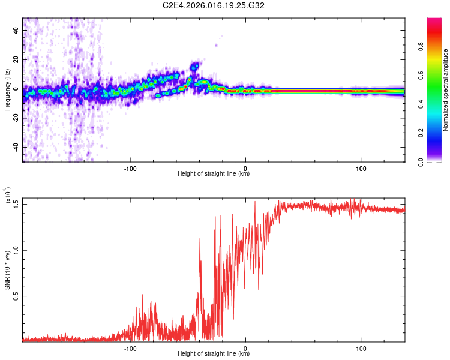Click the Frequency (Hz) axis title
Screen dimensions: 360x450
click(x=7, y=90)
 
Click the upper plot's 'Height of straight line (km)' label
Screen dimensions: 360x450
click(x=214, y=174)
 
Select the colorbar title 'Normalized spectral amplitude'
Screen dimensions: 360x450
click(x=446, y=90)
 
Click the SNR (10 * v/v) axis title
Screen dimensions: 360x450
click(x=7, y=270)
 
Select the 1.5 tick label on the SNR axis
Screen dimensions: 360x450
click(x=17, y=203)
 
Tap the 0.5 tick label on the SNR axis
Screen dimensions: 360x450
click(x=17, y=296)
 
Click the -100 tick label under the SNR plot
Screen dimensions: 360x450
click(x=130, y=347)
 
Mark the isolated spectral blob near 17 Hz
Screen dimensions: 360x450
click(x=194, y=66)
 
